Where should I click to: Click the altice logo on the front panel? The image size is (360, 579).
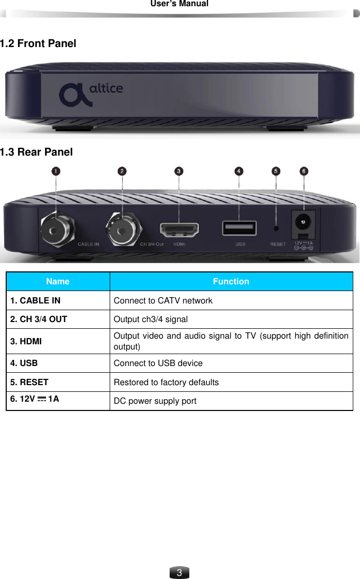coord(91,94)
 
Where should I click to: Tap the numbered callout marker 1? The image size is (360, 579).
coord(55,171)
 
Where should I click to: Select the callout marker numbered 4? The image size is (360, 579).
coord(238,171)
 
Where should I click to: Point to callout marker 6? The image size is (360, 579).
coord(304,171)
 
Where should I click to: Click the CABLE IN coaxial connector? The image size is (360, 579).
coord(56,226)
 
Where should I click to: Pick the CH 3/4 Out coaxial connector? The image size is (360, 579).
coord(122,226)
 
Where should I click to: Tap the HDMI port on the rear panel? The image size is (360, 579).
coord(179,228)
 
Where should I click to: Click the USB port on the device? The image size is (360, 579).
coord(239,227)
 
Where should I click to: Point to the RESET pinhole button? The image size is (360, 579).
coord(276,228)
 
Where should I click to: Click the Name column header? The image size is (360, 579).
coord(57,281)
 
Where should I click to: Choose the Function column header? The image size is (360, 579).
coord(231,281)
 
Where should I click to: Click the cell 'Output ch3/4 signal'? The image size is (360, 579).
coord(151,319)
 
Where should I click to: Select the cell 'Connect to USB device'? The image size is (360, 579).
coord(158,363)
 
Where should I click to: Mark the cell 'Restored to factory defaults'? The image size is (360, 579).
coord(166,382)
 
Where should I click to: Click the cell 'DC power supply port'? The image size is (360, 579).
coord(155,401)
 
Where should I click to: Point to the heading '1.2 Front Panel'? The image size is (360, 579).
coord(38,43)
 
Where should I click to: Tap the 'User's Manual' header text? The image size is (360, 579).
coord(179,4)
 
